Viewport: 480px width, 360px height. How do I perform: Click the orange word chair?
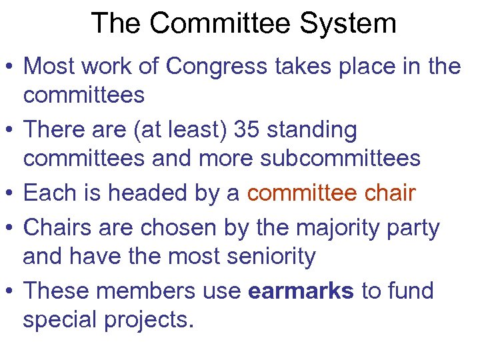[391, 193]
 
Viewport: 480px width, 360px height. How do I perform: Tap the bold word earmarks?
[301, 291]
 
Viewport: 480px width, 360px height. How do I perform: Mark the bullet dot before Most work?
[11, 67]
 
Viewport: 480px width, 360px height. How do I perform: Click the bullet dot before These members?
[11, 292]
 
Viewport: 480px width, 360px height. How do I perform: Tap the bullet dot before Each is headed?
[11, 195]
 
